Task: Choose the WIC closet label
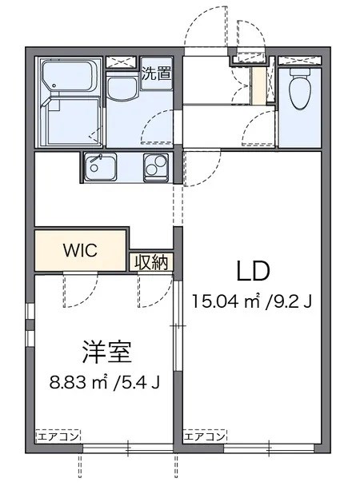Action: (81, 250)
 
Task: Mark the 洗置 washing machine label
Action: (155, 76)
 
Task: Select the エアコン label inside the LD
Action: (206, 436)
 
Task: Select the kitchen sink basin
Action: (101, 168)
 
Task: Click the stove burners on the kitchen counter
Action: (155, 168)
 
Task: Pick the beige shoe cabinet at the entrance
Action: (258, 87)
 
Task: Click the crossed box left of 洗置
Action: (122, 62)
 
